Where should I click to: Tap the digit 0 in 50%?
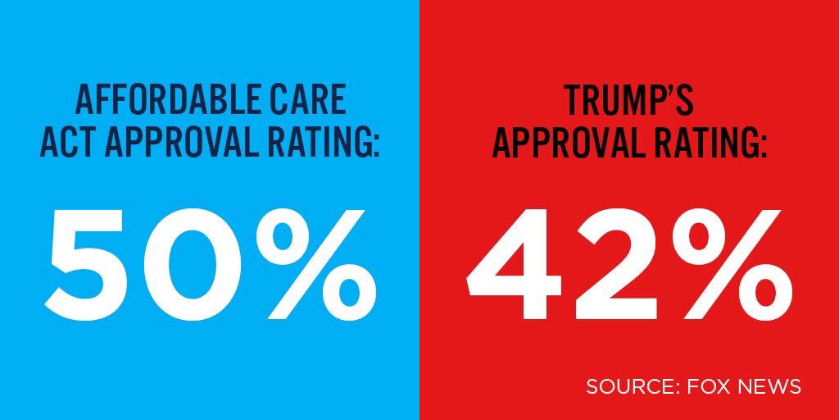click(205, 255)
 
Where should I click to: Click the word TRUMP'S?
click(628, 100)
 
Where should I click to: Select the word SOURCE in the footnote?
click(627, 386)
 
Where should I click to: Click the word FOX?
click(705, 386)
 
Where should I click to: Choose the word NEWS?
click(769, 386)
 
